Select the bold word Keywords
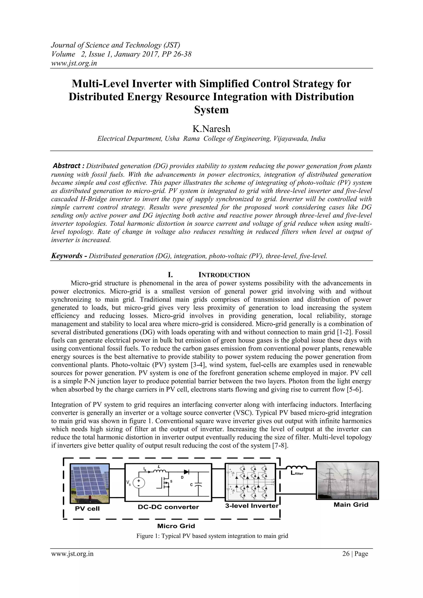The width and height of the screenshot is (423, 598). [x=67, y=256]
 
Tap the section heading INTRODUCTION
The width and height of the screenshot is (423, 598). [x=224, y=275]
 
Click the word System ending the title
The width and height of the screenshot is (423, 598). [x=211, y=109]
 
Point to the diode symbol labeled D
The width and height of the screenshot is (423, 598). [x=186, y=472]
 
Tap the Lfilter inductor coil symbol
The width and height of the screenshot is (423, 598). [x=297, y=468]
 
